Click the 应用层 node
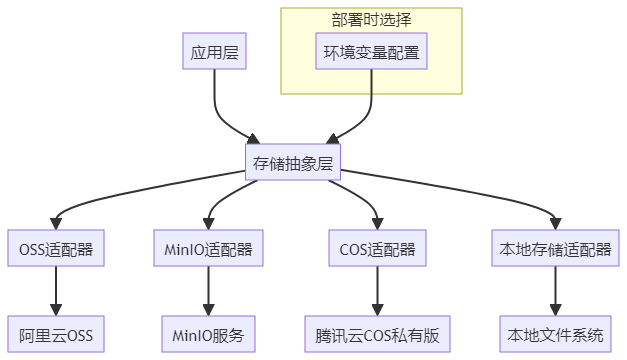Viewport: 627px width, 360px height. point(214,51)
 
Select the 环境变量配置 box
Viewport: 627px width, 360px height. point(371,51)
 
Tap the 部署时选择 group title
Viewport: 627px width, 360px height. point(371,19)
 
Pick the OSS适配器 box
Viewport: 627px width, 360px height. point(56,249)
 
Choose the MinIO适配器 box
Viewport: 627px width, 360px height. point(209,249)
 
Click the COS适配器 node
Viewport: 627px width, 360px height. point(377,249)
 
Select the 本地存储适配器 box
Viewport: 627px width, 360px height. point(554,249)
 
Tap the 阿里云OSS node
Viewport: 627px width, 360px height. point(56,333)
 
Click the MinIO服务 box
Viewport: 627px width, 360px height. point(209,333)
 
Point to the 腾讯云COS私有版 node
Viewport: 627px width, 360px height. point(377,333)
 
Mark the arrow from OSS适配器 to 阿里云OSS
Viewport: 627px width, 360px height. point(56,291)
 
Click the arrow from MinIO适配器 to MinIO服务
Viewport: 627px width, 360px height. point(209,291)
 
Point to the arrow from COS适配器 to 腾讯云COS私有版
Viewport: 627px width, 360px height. point(377,291)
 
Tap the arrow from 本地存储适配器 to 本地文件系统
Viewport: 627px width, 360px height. point(554,291)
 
